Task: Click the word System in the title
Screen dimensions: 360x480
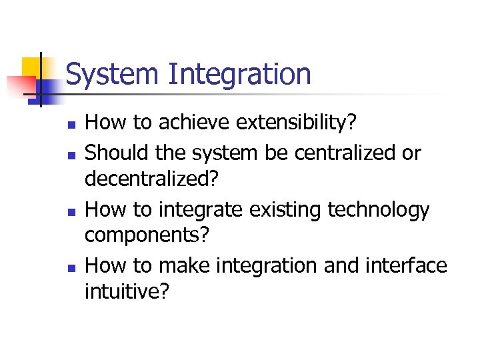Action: pyautogui.click(x=113, y=74)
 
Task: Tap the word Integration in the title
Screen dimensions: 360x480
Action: pyautogui.click(x=239, y=74)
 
